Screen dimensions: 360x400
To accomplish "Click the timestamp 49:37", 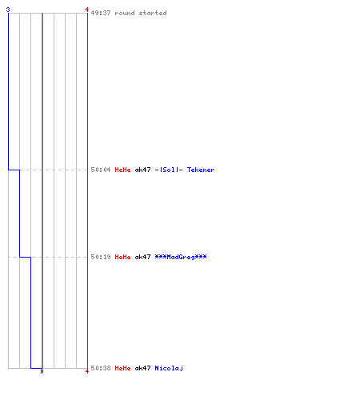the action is pos(101,13).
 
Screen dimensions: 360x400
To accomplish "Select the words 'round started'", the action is pos(141,13).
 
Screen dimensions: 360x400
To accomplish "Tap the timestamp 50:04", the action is pos(101,170).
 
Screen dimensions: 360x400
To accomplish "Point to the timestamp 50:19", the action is pos(101,257).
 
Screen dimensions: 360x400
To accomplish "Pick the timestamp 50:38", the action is pos(101,368).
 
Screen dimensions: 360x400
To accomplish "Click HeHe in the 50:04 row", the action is pos(122,170).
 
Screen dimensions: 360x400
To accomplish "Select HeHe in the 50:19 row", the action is pos(122,257).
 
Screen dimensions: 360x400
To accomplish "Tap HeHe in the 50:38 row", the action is pos(122,368).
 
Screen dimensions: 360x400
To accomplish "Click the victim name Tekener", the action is pos(201,170).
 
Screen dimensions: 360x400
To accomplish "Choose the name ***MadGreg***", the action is pos(181,257).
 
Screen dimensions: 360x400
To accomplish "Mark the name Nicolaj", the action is pos(169,368).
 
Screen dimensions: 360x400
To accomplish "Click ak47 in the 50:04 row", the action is pos(142,170).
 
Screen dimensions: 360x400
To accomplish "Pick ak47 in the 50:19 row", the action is pos(142,257).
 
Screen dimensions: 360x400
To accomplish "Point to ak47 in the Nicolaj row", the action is pos(142,368).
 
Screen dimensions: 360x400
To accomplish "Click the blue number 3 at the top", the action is pos(8,10).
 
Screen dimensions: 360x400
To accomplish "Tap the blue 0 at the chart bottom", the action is pos(42,371).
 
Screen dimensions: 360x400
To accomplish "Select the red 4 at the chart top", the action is pos(87,10).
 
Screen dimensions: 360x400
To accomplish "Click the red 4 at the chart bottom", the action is pos(87,371).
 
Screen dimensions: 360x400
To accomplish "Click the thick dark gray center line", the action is pos(42,190).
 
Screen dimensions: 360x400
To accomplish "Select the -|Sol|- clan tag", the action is pos(169,170).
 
